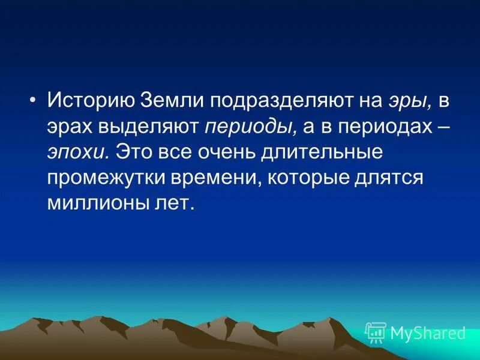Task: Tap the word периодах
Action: coord(377,127)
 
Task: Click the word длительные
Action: coord(321,152)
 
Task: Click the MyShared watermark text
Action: coord(427,332)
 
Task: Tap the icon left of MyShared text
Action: coord(376,332)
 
